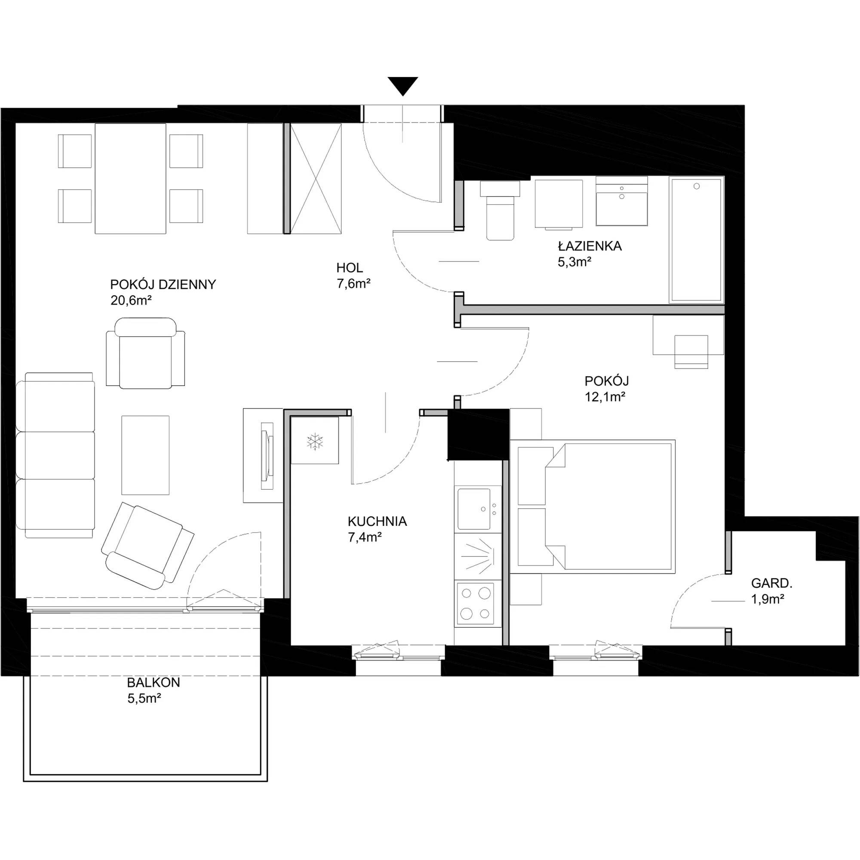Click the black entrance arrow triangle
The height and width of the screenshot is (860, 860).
(403, 86)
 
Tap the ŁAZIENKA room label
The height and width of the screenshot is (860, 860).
(590, 246)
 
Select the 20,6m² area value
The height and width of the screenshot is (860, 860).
(131, 301)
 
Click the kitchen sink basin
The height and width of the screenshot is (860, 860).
(473, 509)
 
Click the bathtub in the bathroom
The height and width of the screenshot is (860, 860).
(696, 240)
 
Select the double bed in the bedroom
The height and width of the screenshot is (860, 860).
(593, 507)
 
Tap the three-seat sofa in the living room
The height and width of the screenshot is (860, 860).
(55, 455)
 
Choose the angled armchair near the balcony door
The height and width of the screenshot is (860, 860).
(147, 545)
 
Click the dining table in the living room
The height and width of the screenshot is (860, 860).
(130, 178)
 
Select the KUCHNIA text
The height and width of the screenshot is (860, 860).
(378, 521)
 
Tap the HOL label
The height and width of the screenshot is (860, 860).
(350, 267)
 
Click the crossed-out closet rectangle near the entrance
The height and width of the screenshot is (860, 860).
(316, 178)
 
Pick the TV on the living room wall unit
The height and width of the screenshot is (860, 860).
(267, 456)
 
